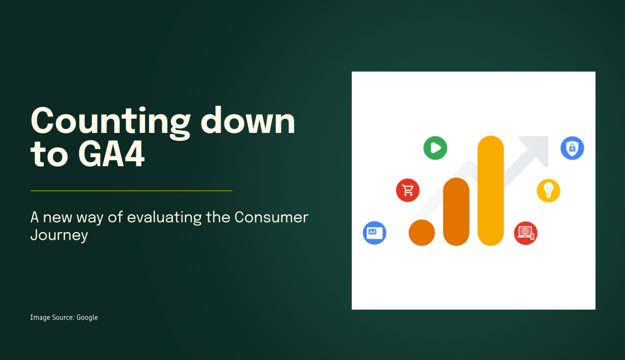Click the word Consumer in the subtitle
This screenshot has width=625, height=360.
click(x=271, y=217)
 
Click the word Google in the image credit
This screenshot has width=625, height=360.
click(x=87, y=317)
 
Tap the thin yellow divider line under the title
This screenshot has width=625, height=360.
click(x=131, y=191)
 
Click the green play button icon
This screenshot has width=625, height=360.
click(x=435, y=148)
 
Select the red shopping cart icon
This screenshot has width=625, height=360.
click(x=408, y=191)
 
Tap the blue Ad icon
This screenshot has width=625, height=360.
click(x=374, y=233)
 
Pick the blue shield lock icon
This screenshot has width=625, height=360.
click(x=572, y=148)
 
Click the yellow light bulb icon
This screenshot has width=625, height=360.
click(x=548, y=191)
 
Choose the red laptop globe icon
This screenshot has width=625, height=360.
click(x=525, y=233)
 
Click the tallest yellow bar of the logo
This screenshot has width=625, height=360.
click(x=490, y=190)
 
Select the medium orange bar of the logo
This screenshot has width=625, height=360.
click(x=456, y=211)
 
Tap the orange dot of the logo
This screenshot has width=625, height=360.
click(x=422, y=233)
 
